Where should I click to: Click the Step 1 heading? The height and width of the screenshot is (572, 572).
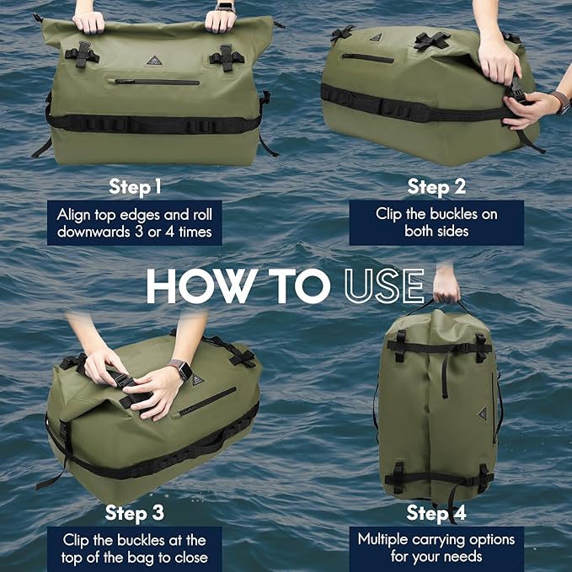pos(135,185)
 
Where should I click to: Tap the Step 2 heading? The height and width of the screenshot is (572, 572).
pos(436,185)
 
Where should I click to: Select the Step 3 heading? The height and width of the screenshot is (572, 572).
pos(135,512)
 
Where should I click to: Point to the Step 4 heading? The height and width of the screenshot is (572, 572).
pos(436,512)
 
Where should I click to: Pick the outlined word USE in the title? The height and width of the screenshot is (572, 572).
pos(383,286)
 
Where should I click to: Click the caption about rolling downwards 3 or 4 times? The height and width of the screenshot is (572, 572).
pos(135,222)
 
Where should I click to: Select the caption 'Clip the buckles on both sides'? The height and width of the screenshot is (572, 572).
pos(436,222)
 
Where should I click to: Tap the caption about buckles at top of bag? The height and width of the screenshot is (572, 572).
pos(135,548)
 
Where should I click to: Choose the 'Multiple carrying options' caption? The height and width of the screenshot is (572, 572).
pos(436,548)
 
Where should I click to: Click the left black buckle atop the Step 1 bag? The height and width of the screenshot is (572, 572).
pos(81,56)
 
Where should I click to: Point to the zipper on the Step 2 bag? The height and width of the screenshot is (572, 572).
pos(368,58)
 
